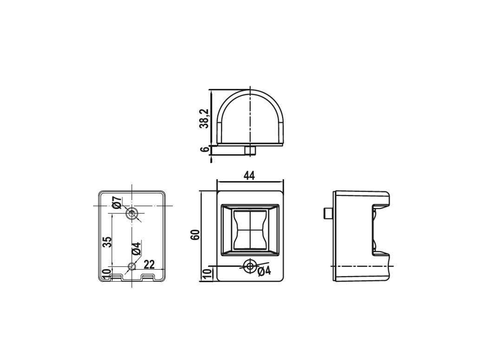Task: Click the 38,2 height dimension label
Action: [x=204, y=119]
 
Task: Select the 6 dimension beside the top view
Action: [x=205, y=149]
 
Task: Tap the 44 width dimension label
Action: [x=249, y=176]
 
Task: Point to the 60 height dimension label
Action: [x=195, y=235]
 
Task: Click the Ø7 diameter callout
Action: [x=117, y=203]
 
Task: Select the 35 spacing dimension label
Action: [x=107, y=242]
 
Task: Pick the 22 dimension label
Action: [x=149, y=264]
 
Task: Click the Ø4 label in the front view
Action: [x=264, y=271]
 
